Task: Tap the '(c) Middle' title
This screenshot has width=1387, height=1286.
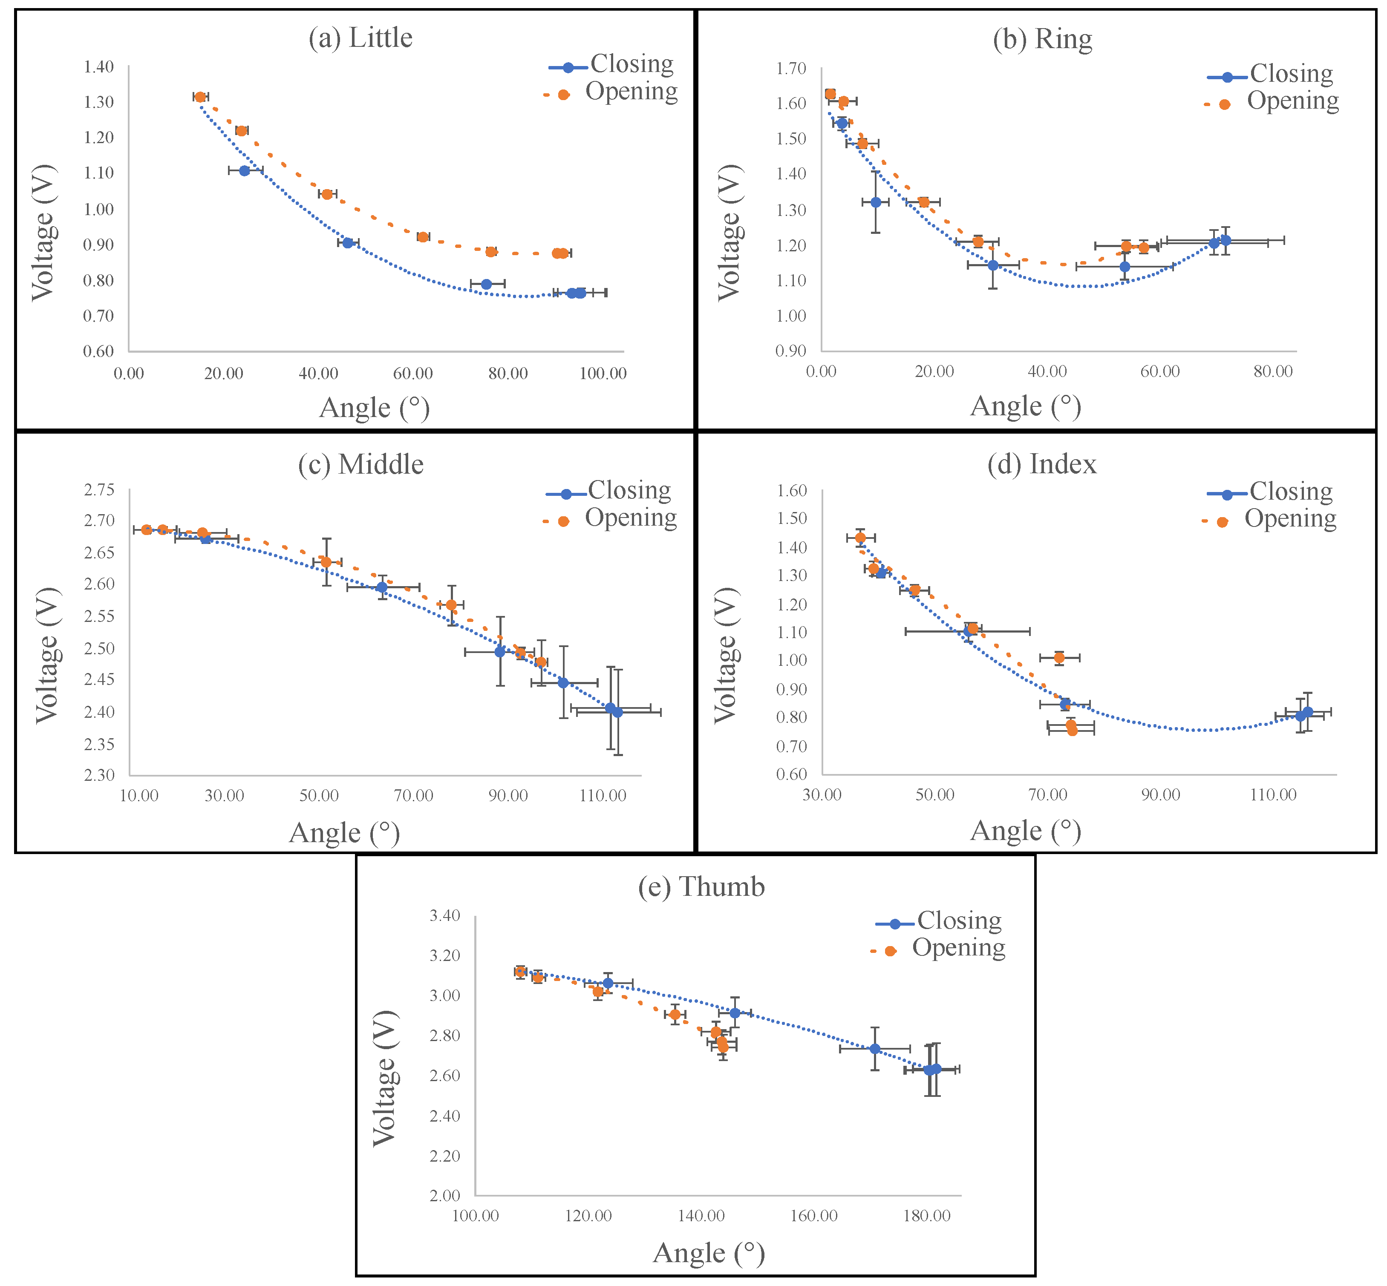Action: coord(360,464)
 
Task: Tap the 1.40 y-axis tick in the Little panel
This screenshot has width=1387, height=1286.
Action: coord(99,67)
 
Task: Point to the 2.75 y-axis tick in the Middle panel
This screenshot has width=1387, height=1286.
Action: coord(99,490)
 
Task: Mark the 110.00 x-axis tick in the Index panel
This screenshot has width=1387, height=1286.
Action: coord(1273,795)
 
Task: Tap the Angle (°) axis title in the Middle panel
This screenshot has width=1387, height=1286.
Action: coord(344,833)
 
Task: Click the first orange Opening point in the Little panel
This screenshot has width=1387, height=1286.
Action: coord(200,97)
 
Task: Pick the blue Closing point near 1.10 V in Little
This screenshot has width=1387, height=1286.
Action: coord(244,170)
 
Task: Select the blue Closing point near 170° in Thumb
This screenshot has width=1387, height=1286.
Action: coord(875,1048)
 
